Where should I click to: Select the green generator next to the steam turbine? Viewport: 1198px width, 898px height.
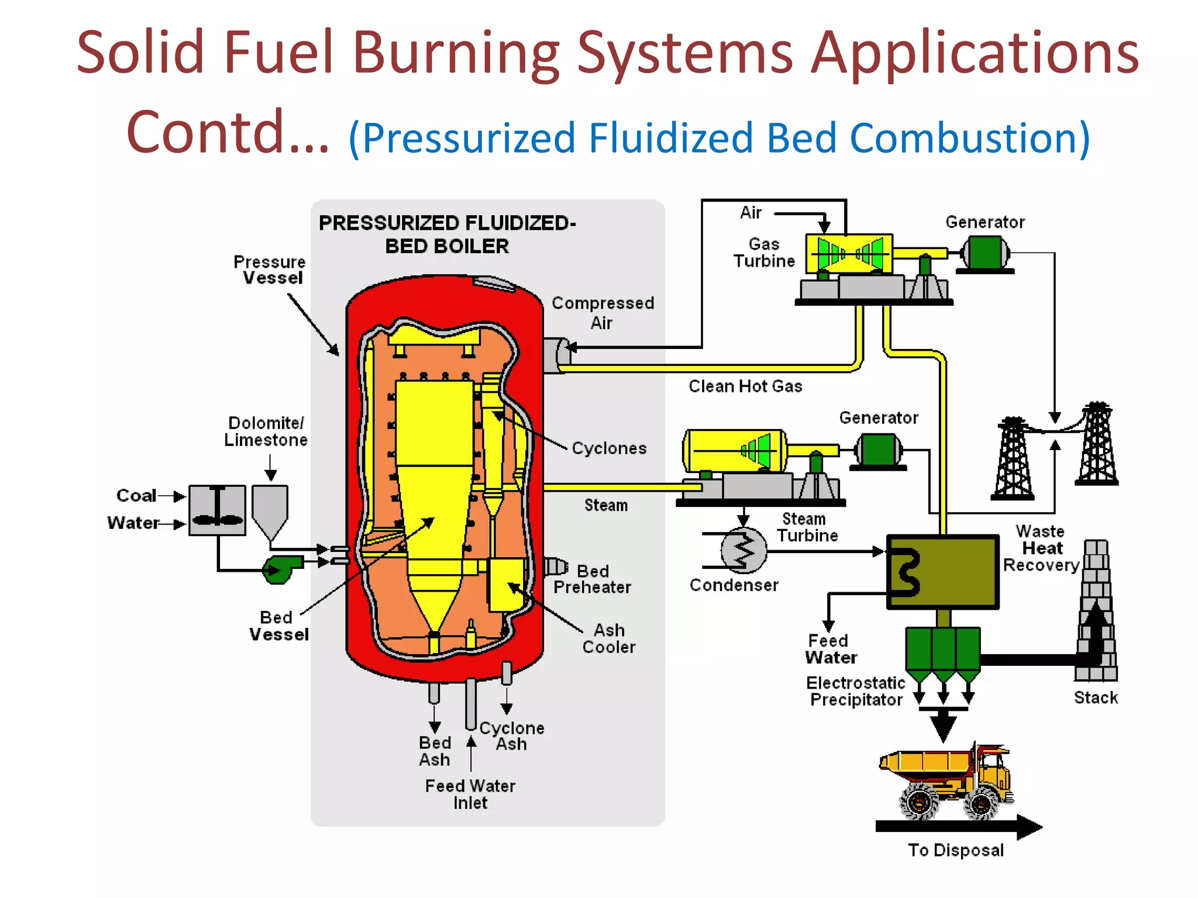878,450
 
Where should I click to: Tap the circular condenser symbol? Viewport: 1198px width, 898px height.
743,550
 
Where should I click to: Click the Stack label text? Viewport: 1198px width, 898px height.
1095,697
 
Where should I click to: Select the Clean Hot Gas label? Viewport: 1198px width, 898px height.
745,386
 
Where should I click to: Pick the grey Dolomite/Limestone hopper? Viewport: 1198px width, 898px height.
270,509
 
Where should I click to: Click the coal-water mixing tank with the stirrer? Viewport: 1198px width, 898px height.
217,510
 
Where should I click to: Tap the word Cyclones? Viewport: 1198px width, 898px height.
609,448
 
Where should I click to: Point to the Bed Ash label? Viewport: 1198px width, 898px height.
435,751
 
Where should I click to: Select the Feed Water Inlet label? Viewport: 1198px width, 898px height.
470,794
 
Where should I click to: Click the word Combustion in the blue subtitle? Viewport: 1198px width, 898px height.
969,138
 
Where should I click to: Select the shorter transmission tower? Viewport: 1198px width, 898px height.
1013,458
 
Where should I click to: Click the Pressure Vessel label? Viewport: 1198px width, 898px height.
270,270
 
